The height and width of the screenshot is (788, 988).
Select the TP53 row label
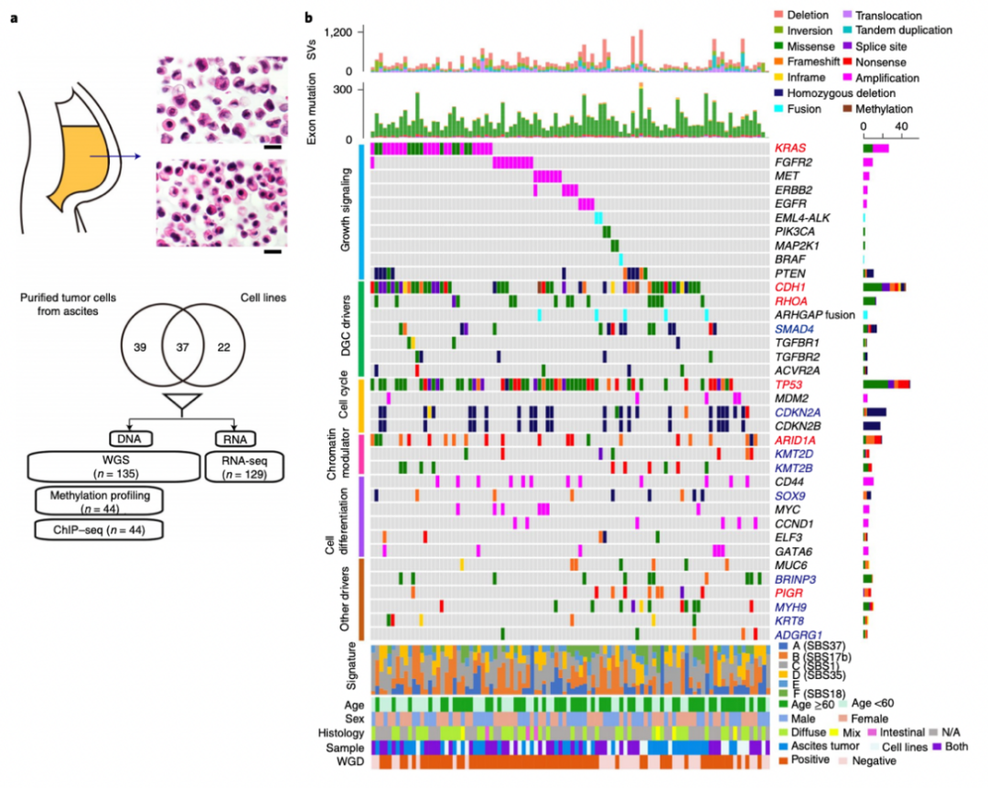788,385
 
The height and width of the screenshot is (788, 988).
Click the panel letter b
311,16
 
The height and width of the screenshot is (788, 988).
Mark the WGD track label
347,762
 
